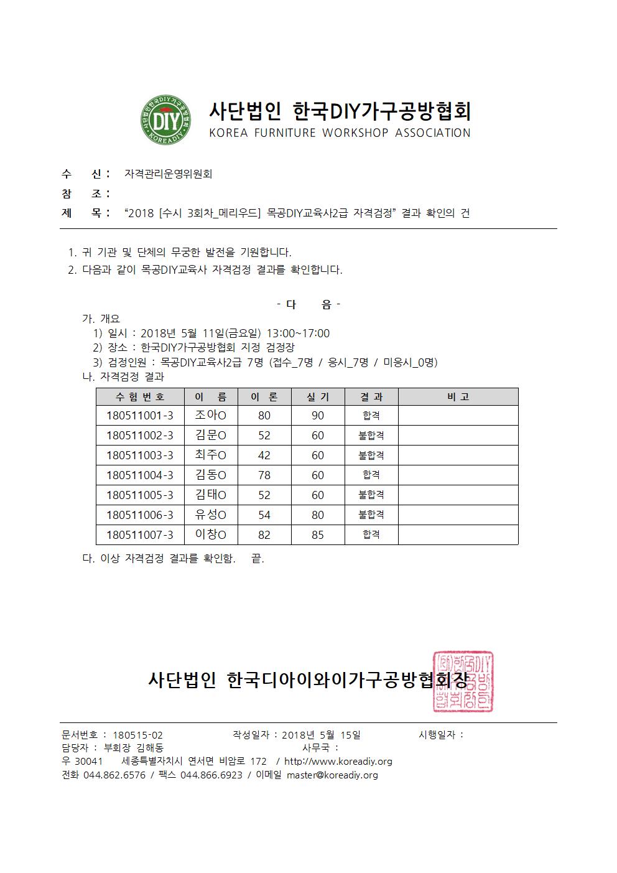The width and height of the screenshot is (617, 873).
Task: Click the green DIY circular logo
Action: coord(161,120)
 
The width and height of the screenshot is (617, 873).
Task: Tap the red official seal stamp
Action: coord(463,682)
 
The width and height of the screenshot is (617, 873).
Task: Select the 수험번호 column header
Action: coord(140,397)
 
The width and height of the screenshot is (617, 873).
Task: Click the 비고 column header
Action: coord(458,397)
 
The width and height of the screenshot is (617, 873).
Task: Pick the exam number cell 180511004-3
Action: coord(140,475)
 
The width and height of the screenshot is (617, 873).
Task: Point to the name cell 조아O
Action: coord(211,416)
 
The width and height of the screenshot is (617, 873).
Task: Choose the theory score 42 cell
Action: coord(264,455)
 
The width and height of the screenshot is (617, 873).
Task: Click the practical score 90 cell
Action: coord(318,416)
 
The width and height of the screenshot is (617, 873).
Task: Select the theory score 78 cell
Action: coord(264,475)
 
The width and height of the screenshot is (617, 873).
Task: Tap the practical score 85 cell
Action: coord(318,535)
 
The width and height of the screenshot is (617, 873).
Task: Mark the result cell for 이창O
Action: coord(371,535)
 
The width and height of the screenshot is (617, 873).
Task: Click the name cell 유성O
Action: coord(211,515)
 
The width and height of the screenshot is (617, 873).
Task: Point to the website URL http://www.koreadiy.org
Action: coord(338,762)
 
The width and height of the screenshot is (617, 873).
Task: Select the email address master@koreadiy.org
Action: coord(332,775)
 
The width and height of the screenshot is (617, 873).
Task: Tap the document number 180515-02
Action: coord(137,735)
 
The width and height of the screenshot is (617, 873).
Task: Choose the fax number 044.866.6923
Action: coord(211,775)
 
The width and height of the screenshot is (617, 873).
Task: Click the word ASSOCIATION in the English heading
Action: coord(433,133)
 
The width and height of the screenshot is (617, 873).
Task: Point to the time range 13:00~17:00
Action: coord(299,334)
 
